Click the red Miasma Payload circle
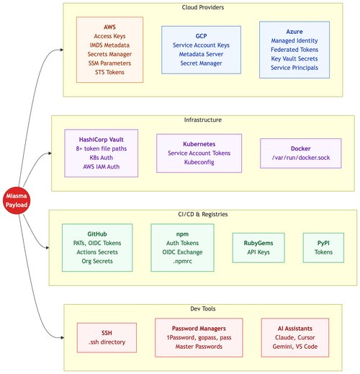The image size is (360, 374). coord(17,200)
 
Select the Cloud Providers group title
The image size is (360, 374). coord(203,7)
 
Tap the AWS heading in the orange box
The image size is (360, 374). coord(109,27)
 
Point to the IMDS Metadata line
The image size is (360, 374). coord(109,45)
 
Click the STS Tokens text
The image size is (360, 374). coord(109,72)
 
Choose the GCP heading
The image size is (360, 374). coord(201,36)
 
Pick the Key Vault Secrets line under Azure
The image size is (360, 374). coord(294,58)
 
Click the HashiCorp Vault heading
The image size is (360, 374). coord(102,140)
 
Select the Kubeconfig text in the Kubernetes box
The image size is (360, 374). coord(199,162)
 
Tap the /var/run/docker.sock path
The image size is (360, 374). coord(301,158)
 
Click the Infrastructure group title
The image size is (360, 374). coord(203,120)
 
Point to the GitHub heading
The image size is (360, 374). coord(97,234)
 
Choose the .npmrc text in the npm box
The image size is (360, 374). coord(182,261)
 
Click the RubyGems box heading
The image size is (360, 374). coord(258,243)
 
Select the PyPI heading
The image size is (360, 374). coord(323,243)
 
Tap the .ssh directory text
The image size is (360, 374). coord(107,342)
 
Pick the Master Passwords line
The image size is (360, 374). coord(199,347)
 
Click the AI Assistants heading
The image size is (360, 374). coord(295,329)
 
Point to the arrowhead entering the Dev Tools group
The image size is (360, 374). coord(63,338)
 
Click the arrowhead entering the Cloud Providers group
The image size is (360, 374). coord(62,50)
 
